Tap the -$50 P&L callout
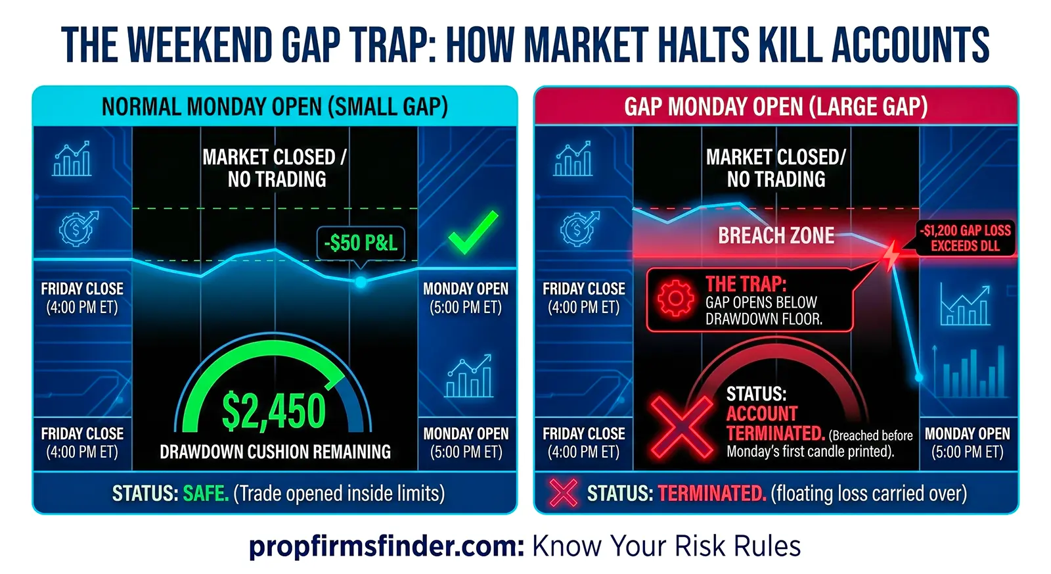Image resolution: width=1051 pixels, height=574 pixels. pos(361,243)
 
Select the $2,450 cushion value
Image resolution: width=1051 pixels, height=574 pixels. pos(273,412)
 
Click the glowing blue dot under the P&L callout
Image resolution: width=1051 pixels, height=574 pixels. pos(361,282)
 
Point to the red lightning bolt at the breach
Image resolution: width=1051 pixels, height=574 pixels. pos(891,254)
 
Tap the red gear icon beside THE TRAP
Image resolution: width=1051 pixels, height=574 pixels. pos(675,299)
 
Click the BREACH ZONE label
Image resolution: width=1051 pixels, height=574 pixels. pos(776,235)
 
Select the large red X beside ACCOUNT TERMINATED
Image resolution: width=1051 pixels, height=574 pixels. pos(681,426)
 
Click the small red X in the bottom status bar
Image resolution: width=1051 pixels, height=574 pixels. pos(563,493)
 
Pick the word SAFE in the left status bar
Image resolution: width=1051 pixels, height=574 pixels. pos(206,493)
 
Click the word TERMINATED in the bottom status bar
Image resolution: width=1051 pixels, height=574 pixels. pos(711,493)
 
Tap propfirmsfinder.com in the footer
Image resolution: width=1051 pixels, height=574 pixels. pos(386,546)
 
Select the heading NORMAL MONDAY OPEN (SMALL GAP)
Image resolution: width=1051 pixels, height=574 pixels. pos(275,107)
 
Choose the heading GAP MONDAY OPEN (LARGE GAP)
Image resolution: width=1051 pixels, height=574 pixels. pos(776,107)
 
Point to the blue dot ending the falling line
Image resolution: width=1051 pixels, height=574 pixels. pos(919,377)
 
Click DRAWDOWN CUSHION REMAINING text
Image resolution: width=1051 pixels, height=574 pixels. pos(275,452)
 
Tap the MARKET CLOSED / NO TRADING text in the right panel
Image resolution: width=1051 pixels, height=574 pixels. pos(776,168)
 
